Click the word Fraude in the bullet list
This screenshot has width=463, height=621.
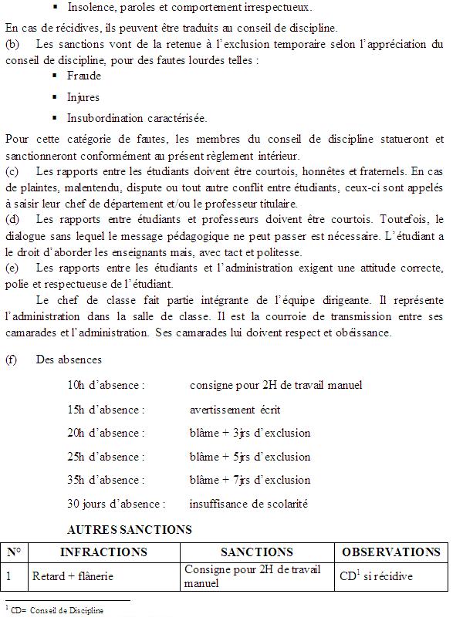84,76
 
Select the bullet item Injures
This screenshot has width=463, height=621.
83,98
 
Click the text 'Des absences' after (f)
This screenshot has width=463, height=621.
69,359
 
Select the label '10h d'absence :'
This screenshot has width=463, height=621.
106,385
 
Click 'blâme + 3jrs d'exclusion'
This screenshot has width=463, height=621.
250,433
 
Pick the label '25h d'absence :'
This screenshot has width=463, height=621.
106,457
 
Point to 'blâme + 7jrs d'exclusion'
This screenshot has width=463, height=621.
250,480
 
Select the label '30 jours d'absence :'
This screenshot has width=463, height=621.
117,504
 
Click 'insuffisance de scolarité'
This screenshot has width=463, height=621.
248,504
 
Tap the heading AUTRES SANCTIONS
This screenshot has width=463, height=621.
130,530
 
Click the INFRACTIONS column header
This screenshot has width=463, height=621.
103,552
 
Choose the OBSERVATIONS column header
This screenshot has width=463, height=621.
390,552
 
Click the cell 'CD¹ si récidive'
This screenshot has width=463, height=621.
376,576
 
